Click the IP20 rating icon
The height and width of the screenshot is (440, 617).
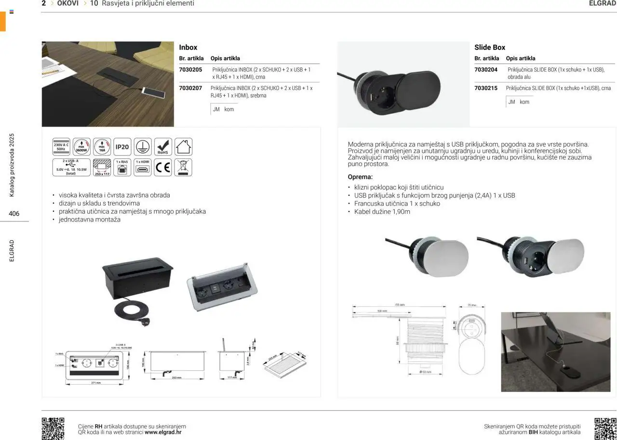pyautogui.click(x=122, y=147)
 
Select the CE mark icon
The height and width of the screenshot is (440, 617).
pyautogui.click(x=163, y=168)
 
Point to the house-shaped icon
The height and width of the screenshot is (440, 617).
pyautogui.click(x=183, y=147)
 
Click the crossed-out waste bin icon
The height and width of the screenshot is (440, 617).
pyautogui.click(x=183, y=168)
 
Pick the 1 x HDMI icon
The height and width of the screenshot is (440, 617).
pyautogui.click(x=143, y=168)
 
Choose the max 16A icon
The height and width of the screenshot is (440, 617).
pyautogui.click(x=102, y=147)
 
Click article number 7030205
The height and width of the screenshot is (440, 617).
pyautogui.click(x=190, y=70)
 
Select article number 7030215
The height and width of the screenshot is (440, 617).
pyautogui.click(x=486, y=89)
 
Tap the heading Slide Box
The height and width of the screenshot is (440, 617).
pyautogui.click(x=490, y=47)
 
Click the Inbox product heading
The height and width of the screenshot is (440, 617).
pyautogui.click(x=188, y=47)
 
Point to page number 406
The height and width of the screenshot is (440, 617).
pyautogui.click(x=14, y=213)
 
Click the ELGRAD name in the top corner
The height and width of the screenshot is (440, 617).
pyautogui.click(x=603, y=3)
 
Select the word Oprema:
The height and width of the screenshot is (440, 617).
pyautogui.click(x=360, y=177)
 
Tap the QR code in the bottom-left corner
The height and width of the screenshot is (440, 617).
pyautogui.click(x=53, y=428)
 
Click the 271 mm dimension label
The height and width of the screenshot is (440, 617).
pyautogui.click(x=95, y=383)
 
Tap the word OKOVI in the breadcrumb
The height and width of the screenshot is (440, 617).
pyautogui.click(x=68, y=3)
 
